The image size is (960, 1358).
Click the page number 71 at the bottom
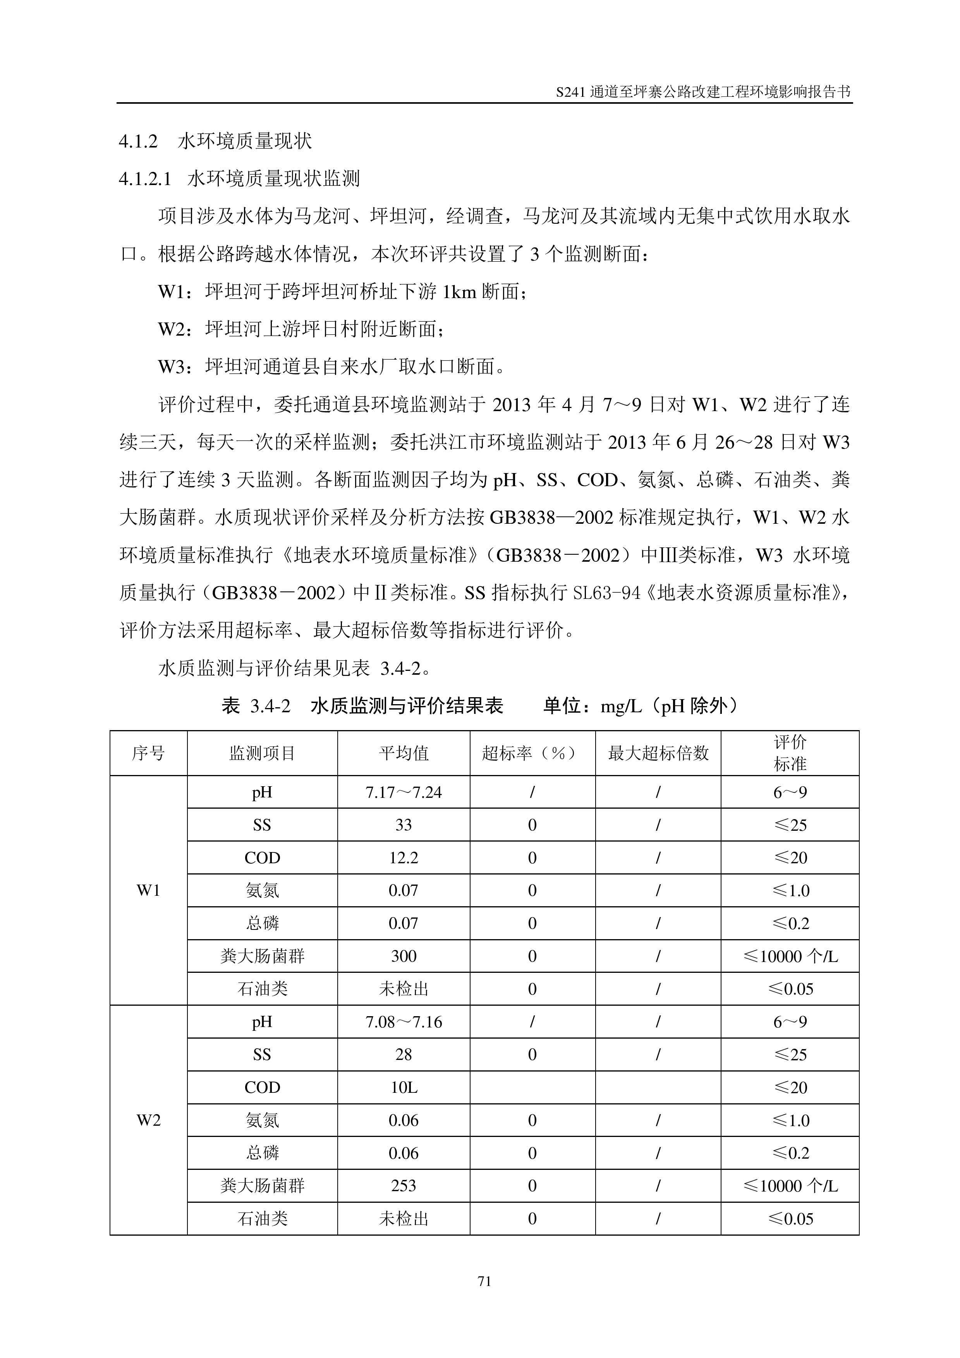484,1281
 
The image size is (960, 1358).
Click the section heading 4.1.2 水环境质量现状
215,141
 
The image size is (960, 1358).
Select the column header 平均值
404,753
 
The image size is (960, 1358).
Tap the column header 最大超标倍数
658,753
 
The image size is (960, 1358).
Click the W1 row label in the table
148,890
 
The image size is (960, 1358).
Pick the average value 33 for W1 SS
404,825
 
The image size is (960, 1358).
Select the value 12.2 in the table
404,857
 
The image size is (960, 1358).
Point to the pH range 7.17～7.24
404,792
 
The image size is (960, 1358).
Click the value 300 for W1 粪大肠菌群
404,956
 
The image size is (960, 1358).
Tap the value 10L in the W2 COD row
404,1087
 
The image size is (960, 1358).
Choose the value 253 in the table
404,1185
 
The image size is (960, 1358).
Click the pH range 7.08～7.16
404,1022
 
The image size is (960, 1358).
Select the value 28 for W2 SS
404,1054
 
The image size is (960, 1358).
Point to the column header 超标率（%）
531,753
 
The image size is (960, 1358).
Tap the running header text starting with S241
703,92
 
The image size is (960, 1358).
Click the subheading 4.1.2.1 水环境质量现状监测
240,178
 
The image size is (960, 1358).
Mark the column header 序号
148,753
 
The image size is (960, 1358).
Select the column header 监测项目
262,753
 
